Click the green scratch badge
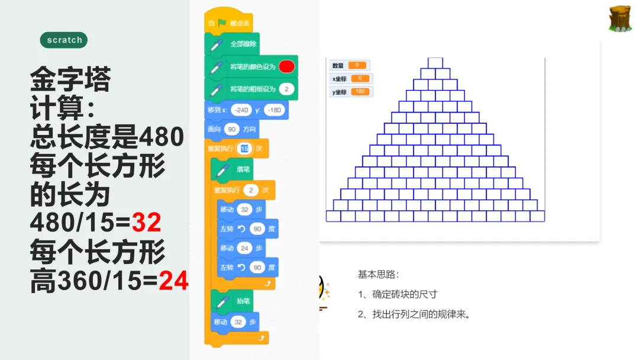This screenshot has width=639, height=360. (64, 40)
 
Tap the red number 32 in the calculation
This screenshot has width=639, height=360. (146, 223)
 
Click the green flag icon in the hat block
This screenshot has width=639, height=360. (222, 24)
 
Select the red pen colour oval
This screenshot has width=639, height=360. (286, 66)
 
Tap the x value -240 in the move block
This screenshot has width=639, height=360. (241, 110)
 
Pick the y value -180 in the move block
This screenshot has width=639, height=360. (274, 110)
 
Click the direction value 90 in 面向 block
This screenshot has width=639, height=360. (231, 129)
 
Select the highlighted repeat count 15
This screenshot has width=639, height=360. (244, 148)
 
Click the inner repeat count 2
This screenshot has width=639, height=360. (251, 190)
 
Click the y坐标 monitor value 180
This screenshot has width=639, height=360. (359, 92)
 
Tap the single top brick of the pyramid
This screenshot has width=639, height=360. (435, 63)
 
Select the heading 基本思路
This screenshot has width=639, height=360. (379, 274)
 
